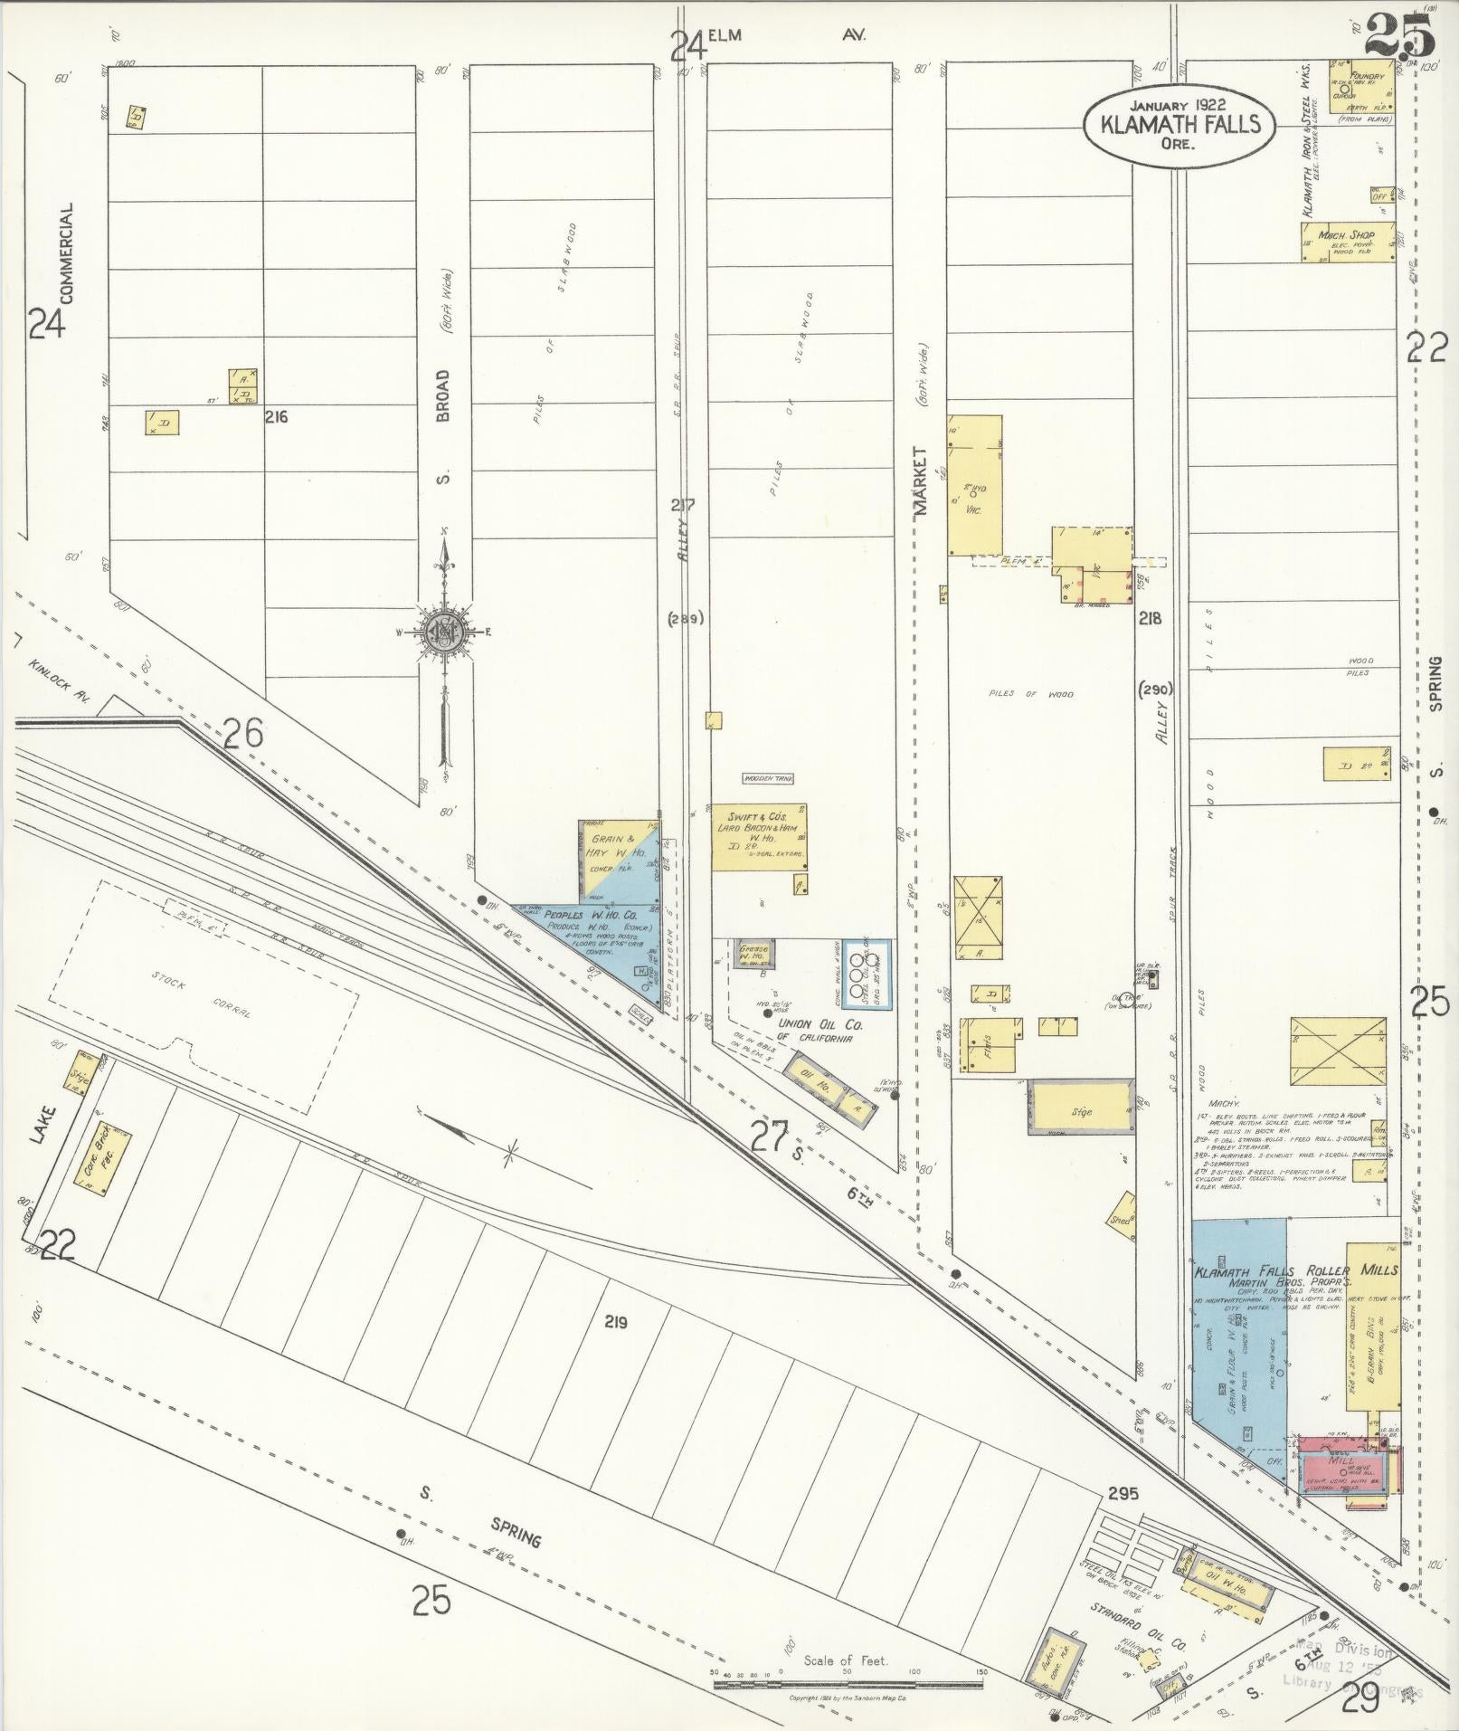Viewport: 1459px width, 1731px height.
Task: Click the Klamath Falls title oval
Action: pos(1180,124)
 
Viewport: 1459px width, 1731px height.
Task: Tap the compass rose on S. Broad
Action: pos(444,631)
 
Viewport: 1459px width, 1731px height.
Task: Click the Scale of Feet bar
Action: pos(848,1685)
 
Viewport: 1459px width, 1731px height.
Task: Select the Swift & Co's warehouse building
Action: pos(758,838)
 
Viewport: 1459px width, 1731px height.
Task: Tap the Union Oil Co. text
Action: pos(820,1024)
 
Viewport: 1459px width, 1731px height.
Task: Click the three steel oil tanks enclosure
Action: pos(865,974)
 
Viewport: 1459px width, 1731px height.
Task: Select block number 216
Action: pos(276,417)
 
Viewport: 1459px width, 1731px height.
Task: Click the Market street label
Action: pos(921,481)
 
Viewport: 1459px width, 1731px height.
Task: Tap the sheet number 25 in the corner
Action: pos(1399,36)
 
